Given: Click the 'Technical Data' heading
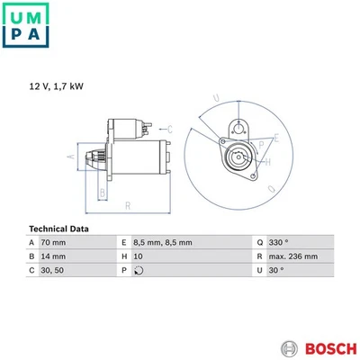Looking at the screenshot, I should pyautogui.click(x=60, y=229).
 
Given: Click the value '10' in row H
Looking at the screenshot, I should pyautogui.click(x=138, y=256).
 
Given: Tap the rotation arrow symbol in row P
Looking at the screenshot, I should pyautogui.click(x=138, y=270).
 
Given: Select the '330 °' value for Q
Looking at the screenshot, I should pyautogui.click(x=281, y=243).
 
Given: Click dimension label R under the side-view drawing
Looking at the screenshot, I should pyautogui.click(x=128, y=205).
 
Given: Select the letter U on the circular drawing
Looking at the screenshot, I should pyautogui.click(x=215, y=98).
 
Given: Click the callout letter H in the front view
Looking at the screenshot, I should pyautogui.click(x=267, y=162).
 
